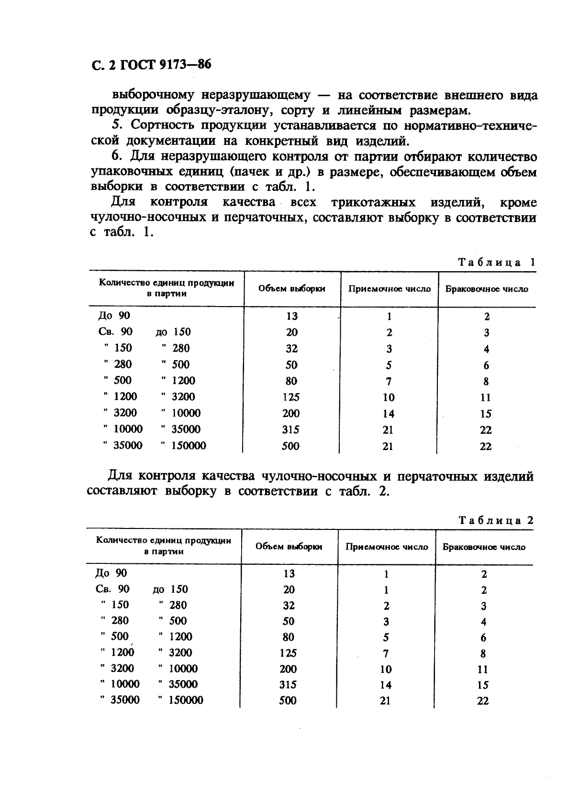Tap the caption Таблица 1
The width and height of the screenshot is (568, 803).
pos(496,262)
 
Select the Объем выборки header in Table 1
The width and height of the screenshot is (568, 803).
pos(291,288)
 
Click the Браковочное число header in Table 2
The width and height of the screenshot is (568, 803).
pos(484,547)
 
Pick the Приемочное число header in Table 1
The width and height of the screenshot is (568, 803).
pos(389,288)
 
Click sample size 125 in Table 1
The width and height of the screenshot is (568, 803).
pos(291,397)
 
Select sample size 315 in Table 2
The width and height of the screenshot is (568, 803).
pos(288,684)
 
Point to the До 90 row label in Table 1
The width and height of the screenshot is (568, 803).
pos(114,316)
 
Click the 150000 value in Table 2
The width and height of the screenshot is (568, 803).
pos(185,700)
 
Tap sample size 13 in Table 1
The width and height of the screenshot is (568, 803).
pos(291,316)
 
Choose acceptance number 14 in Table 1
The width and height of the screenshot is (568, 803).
pos(388,414)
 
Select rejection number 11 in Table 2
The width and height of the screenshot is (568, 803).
pos(482,669)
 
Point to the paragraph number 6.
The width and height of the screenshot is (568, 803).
pos(115,156)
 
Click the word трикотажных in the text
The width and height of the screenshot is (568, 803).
pos(373,202)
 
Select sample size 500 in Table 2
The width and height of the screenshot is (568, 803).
pos(288,701)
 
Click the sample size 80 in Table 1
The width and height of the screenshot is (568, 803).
pos(291,381)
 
